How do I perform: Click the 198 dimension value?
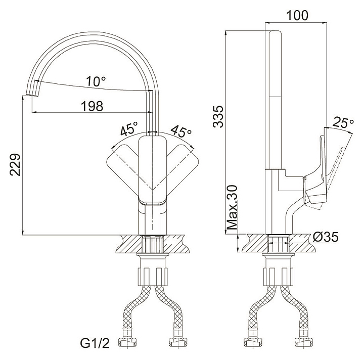point(92,106)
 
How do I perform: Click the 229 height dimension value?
point(15,164)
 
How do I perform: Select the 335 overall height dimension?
point(218,116)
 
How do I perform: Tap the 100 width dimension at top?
point(297,15)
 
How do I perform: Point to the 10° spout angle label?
point(96,81)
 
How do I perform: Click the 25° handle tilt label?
point(343,122)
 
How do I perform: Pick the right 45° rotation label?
point(182,131)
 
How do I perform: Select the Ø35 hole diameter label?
point(325,237)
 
